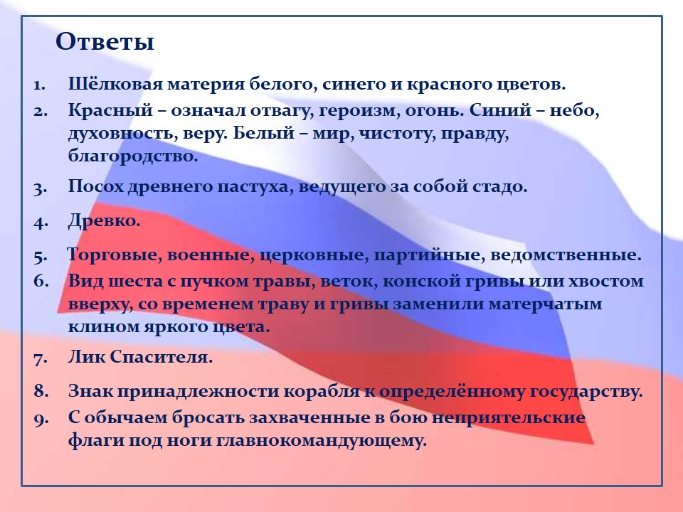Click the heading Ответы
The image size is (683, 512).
point(105,42)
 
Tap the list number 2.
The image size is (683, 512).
point(41,112)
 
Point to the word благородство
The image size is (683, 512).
point(133,156)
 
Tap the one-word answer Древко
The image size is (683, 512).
point(104,221)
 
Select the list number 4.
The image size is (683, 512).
point(41,223)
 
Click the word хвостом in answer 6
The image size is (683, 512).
point(606,282)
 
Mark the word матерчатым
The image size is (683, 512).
point(545,304)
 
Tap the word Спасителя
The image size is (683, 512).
point(162,357)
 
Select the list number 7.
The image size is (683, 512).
point(41,358)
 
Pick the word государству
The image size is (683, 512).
point(586,392)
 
